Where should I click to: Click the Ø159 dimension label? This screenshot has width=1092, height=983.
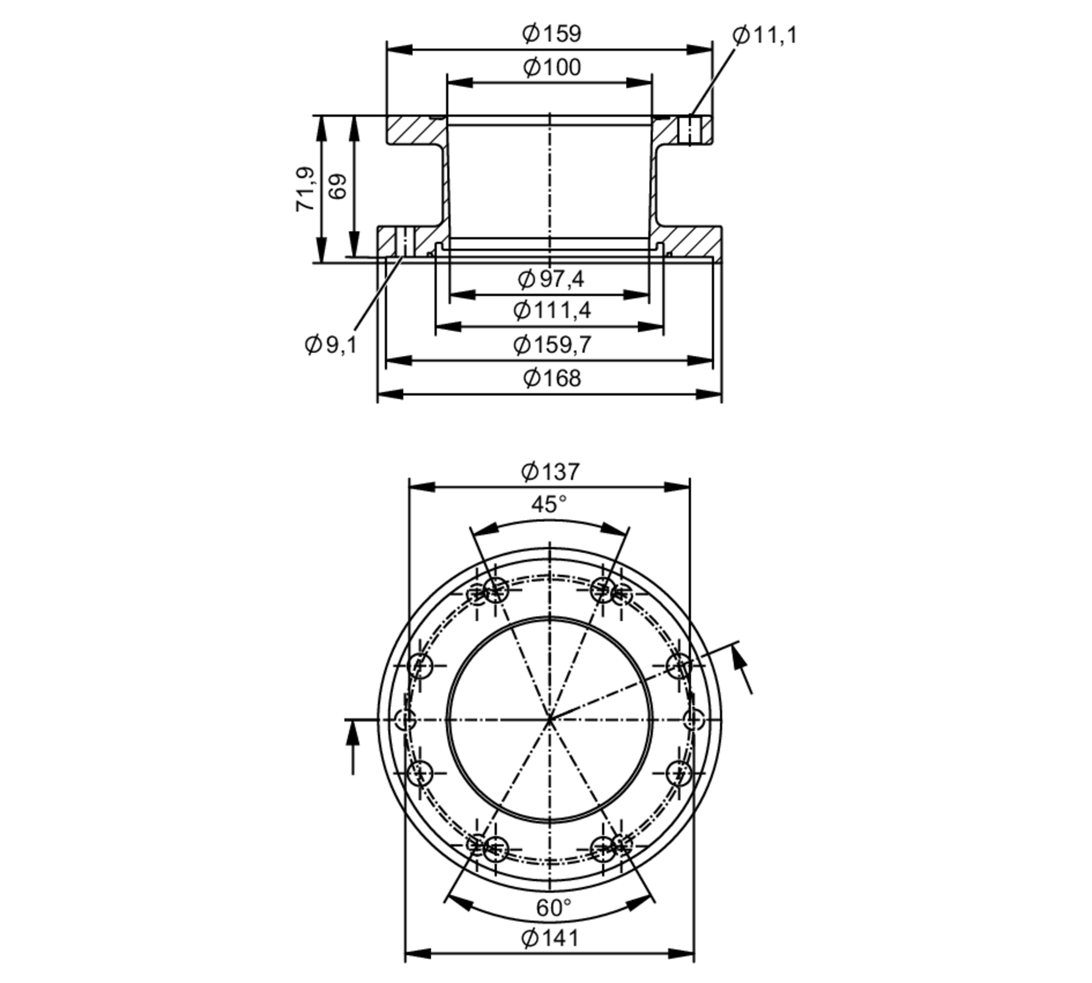(x=551, y=34)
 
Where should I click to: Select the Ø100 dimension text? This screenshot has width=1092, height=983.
(x=551, y=68)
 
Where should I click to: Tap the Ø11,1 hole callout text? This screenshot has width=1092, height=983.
(x=764, y=36)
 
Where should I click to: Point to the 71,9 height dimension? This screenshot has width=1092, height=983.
(x=305, y=189)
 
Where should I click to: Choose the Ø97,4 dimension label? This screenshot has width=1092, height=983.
(x=550, y=279)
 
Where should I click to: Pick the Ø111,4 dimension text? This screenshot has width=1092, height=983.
(x=551, y=311)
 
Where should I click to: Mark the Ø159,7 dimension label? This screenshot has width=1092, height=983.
(x=551, y=345)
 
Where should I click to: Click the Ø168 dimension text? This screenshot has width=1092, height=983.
(x=551, y=378)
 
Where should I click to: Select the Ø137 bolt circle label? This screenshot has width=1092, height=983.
(x=550, y=472)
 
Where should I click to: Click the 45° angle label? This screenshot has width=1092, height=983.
(x=549, y=504)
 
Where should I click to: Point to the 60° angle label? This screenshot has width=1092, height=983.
(x=553, y=908)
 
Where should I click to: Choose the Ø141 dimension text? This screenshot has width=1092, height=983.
(x=550, y=939)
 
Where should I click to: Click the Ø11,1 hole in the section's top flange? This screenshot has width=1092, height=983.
(x=691, y=130)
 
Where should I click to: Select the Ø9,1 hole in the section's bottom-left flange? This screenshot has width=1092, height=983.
(x=403, y=241)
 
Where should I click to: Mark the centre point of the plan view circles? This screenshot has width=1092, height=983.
(x=550, y=720)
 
